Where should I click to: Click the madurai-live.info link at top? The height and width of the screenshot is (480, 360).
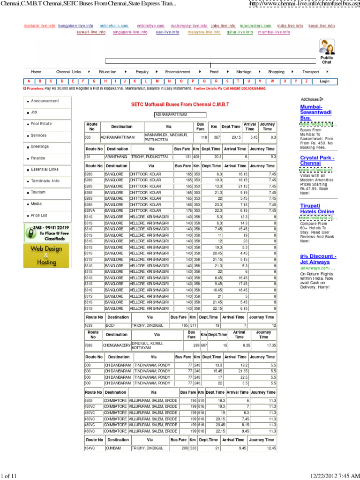pos(39,26)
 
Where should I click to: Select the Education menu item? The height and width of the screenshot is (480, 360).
pos(107,72)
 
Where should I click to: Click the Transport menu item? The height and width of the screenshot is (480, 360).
pos(310,72)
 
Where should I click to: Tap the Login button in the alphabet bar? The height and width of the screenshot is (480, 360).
pos(324,81)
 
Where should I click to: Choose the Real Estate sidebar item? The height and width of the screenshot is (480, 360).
pos(41,124)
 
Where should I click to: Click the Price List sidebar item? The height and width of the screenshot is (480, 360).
pos(39,216)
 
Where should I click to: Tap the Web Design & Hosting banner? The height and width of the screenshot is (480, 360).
pos(46,255)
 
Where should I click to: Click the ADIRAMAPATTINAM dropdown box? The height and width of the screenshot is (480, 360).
pos(180,114)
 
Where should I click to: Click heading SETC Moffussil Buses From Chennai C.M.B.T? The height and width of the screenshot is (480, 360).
pos(180,105)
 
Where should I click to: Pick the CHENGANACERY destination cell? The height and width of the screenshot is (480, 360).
pos(116,345)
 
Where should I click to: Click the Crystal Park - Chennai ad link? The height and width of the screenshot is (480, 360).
pos(317,161)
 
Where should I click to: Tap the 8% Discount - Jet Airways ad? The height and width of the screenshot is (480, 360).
pos(318,260)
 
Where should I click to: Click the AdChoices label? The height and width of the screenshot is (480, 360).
pos(311,99)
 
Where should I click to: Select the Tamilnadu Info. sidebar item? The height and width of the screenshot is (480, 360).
pos(45,181)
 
